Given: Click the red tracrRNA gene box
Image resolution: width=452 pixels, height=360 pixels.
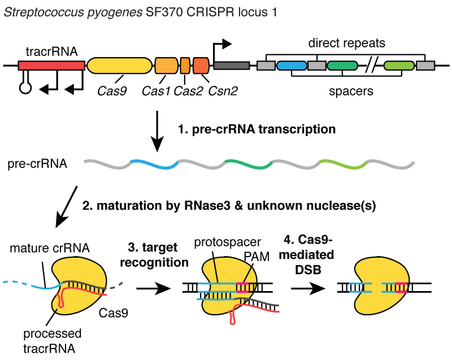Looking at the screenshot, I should coord(51,66).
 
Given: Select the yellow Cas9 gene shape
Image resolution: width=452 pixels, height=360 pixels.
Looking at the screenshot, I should coord(119,66).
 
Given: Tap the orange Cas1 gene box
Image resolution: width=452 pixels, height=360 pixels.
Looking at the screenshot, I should coord(166,66).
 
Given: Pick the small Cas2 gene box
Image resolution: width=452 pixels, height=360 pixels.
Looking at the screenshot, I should coord(185,66).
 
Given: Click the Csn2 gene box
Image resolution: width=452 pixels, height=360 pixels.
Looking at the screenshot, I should coord(201,66).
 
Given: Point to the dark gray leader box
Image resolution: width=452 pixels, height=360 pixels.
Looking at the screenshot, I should coord(232,66).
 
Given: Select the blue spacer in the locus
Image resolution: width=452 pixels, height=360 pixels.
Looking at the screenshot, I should coord(292,66).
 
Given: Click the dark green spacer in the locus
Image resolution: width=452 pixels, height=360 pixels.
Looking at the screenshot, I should coord(342,66).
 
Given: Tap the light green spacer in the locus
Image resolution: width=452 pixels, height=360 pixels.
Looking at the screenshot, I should coord(399,66).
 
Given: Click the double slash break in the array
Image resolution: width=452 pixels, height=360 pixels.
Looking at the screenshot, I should coord(371,66).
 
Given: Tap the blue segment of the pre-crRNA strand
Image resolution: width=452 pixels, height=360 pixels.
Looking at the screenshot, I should coord(154,165).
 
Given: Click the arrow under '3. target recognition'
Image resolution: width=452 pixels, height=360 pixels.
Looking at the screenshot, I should coord(154,288).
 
